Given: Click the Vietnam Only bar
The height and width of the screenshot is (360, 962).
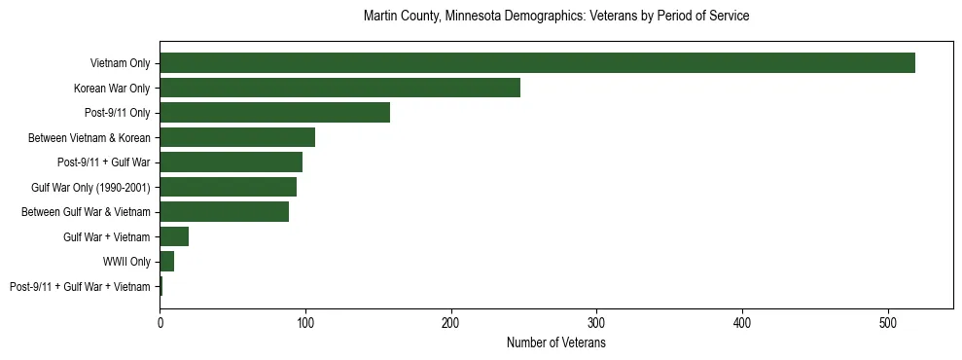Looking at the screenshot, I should [x=537, y=63].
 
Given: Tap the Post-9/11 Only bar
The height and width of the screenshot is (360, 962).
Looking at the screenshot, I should [x=274, y=113].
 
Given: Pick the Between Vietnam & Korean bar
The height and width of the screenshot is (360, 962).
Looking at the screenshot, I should [x=237, y=137].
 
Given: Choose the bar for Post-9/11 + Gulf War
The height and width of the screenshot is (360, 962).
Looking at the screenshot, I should [x=231, y=162].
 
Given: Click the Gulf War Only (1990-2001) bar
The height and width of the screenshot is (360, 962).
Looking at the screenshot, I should [x=228, y=187].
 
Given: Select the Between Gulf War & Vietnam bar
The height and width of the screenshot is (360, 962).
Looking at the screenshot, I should [x=224, y=212].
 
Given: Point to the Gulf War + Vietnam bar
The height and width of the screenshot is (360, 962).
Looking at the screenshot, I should [x=174, y=236].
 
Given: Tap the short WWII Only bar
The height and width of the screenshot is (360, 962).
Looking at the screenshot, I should [x=166, y=262].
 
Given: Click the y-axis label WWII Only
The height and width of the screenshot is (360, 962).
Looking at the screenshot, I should [x=126, y=262].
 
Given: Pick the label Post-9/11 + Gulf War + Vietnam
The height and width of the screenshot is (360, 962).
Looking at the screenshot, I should [x=80, y=287].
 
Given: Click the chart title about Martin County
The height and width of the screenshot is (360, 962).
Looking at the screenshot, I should [x=556, y=17].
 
